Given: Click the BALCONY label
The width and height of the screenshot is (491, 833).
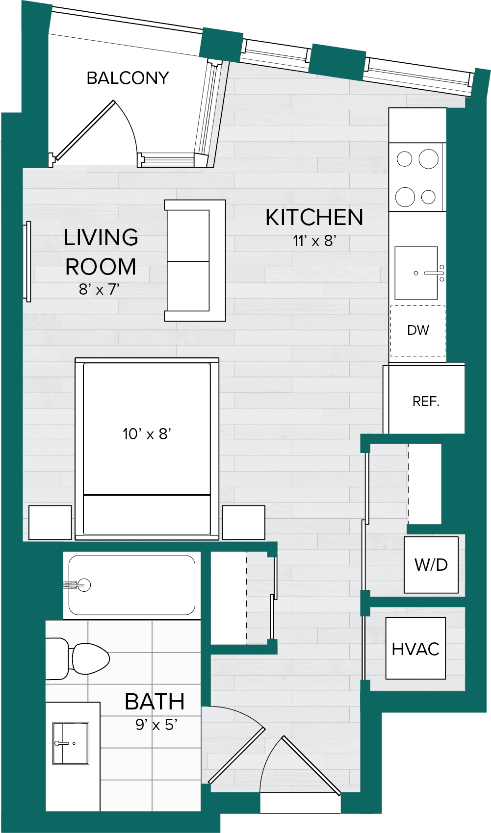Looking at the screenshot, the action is (x=128, y=78).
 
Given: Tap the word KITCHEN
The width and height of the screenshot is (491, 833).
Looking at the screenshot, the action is (x=314, y=218).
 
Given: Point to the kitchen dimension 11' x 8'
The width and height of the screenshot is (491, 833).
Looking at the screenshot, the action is (x=315, y=241).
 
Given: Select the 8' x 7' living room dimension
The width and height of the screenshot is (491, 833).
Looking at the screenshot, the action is (x=99, y=289).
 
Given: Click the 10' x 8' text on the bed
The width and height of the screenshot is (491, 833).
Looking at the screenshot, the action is (x=147, y=434).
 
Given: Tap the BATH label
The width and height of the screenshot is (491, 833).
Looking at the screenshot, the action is (x=155, y=702).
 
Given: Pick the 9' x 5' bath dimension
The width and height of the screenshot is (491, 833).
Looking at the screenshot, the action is (x=156, y=725).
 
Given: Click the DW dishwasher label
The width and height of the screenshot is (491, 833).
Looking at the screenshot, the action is (x=418, y=330).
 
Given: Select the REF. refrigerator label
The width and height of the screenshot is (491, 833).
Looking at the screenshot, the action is (x=426, y=401).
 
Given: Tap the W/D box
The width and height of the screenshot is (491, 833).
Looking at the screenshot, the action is (x=431, y=564).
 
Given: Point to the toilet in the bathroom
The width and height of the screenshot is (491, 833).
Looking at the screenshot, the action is (x=78, y=659).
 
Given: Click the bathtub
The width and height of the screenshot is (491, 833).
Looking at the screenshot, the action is (x=131, y=585).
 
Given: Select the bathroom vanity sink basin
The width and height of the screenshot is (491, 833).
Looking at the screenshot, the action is (x=71, y=743).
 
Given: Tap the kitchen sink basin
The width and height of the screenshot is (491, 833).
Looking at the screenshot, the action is (x=416, y=273).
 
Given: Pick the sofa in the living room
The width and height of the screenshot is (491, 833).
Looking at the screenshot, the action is (x=195, y=260).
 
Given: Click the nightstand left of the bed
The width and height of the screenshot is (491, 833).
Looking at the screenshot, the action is (x=50, y=523).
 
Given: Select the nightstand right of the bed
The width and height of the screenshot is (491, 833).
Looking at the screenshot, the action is (x=244, y=523).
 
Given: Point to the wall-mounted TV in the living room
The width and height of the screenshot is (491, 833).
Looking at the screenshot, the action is (x=28, y=261).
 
